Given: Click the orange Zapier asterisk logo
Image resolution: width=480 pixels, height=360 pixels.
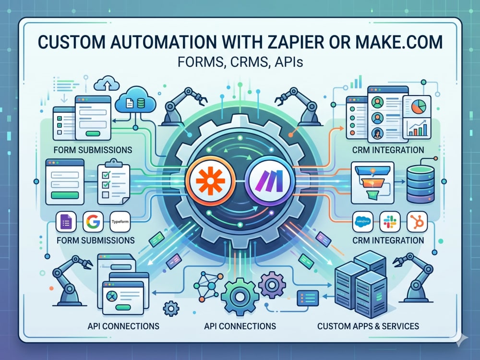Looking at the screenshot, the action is tap(210, 180).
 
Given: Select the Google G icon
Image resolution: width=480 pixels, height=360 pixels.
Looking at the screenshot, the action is tap(93, 222).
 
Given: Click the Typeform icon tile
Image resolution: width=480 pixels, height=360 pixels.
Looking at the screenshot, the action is tap(120, 222).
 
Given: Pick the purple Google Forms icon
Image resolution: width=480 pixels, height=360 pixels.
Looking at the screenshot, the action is tap(66, 222).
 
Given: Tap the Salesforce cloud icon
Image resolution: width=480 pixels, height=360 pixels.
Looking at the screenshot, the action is tap(363, 221).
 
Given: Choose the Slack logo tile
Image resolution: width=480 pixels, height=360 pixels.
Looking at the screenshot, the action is tap(390, 221).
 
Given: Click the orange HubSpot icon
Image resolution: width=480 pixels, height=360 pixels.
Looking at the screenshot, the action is tap(417, 221).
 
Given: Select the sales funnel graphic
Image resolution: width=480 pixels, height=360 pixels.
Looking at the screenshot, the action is tap(372, 182).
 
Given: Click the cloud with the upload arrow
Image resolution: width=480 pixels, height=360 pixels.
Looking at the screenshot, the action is tap(107, 83).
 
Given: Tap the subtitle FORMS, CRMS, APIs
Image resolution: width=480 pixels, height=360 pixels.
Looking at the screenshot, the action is tap(240, 62).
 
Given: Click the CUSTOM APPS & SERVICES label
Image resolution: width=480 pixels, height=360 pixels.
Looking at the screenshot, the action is tap(368, 326).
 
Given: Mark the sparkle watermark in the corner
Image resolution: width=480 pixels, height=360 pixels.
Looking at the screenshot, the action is tap(461, 339).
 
